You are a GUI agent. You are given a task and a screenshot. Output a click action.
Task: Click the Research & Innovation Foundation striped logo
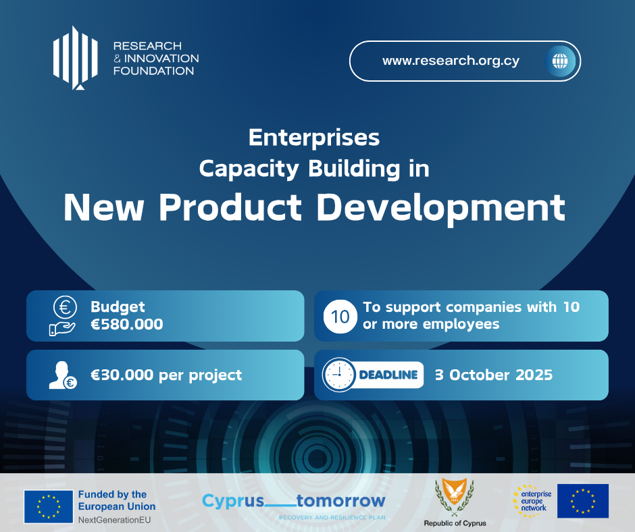click(x=76, y=57)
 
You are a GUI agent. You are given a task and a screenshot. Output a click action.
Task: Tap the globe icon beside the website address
click(x=560, y=61)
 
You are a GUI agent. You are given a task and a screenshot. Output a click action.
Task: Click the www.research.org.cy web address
click(x=451, y=61)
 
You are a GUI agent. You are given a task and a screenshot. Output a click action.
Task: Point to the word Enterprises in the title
click(x=314, y=138)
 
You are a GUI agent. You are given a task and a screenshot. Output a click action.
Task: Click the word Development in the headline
click(x=440, y=209)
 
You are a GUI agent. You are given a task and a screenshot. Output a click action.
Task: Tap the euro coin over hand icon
click(x=63, y=315)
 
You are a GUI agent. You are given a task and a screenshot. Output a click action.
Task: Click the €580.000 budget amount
click(x=127, y=324)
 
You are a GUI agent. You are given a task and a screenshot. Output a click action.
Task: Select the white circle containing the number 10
click(x=340, y=317)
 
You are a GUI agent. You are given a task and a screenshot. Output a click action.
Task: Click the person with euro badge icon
click(x=63, y=375)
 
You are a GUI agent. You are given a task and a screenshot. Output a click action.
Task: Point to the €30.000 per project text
click(x=166, y=375)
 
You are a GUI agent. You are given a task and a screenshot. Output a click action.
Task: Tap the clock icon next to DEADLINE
click(x=339, y=375)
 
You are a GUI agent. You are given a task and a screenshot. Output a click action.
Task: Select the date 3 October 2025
click(x=494, y=375)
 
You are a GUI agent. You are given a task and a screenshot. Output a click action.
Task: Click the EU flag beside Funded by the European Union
click(x=49, y=506)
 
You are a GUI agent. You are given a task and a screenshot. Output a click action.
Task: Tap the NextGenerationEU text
click(x=114, y=520)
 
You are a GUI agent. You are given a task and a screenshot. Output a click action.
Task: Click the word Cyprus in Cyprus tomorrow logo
click(x=233, y=501)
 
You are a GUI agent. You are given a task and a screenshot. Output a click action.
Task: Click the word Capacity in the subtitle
click(x=249, y=169)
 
